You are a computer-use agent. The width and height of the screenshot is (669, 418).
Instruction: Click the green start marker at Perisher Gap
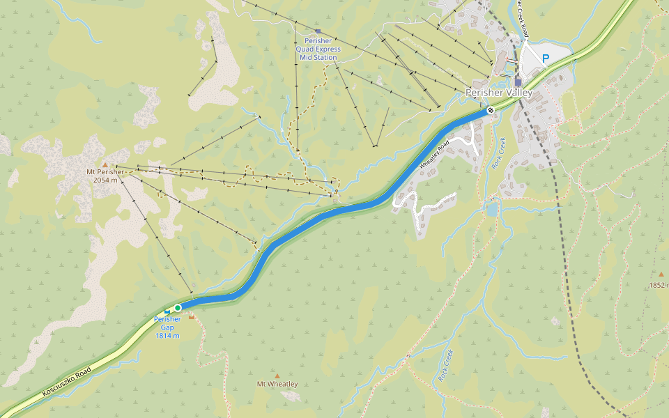(178, 308)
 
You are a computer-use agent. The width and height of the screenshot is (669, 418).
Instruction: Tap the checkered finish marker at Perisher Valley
(491, 109)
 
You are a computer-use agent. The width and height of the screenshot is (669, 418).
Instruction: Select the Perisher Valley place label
(498, 93)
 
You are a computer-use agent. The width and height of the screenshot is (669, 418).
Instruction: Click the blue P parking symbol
(546, 59)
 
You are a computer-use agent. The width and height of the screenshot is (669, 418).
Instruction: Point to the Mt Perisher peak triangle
(105, 164)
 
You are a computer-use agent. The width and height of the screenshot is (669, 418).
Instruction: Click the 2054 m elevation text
(105, 179)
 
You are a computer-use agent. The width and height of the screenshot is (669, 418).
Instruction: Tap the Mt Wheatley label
(277, 384)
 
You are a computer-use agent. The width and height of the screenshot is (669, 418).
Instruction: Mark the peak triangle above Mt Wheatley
(277, 376)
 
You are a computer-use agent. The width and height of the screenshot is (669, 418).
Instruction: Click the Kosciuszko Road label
(67, 382)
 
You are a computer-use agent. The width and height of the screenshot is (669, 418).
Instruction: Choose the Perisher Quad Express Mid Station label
(318, 49)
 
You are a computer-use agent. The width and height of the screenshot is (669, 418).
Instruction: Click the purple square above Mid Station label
(318, 31)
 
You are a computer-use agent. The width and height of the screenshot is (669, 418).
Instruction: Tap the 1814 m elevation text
(167, 336)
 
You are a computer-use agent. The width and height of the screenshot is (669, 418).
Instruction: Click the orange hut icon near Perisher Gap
(192, 317)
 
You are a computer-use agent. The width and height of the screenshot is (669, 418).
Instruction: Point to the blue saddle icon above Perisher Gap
(167, 311)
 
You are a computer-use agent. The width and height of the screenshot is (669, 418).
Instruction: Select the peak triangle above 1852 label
(661, 274)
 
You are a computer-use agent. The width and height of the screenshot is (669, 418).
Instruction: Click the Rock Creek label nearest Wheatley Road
(496, 153)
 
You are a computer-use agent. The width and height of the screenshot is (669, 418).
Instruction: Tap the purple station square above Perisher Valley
(518, 82)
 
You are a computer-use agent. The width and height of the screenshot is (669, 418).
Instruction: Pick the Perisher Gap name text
(167, 323)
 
